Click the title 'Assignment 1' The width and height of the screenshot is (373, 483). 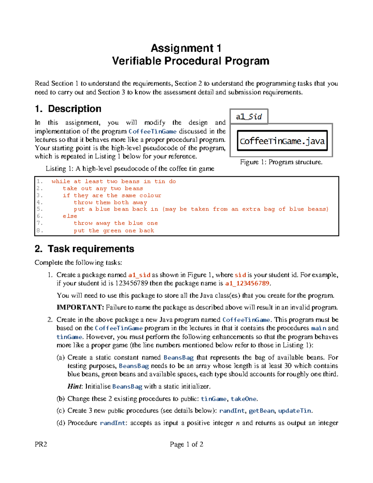186,48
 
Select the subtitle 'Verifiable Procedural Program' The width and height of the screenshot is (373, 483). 191,61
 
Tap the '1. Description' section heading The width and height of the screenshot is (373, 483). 68,109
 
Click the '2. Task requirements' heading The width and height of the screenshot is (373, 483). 84,249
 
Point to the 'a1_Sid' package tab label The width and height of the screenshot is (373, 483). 249,117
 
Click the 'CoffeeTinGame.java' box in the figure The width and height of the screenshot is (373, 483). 282,141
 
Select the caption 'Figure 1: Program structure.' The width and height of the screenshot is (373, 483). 281,162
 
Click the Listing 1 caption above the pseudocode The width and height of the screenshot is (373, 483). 130,169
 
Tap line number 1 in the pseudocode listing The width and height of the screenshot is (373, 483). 39,181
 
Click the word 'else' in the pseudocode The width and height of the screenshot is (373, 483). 70,216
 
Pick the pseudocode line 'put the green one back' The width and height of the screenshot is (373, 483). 114,230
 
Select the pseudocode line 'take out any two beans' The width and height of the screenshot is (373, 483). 103,188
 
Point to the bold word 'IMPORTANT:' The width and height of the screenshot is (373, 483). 80,308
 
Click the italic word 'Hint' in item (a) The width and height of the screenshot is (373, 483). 75,387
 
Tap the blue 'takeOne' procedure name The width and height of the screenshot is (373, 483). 244,399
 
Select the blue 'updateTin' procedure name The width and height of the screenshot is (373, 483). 294,411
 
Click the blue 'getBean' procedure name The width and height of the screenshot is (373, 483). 262,411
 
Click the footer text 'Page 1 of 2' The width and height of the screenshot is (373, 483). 186,444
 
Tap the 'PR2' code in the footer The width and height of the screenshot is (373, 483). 41,444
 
